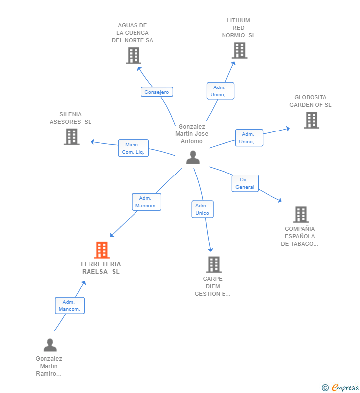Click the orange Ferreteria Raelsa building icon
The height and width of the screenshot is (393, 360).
[102, 250]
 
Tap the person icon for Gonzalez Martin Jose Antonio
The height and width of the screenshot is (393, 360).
[193, 157]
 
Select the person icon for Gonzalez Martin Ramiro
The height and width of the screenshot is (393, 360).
[50, 345]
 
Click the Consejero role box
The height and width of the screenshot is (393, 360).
[157, 92]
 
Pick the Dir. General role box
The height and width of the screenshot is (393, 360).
[245, 183]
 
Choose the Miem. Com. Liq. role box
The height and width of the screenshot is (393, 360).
[134, 148]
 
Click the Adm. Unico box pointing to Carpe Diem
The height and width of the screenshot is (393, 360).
[202, 209]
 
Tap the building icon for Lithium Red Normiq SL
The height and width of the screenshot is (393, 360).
[239, 50]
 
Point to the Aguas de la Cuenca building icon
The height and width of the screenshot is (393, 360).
[134, 56]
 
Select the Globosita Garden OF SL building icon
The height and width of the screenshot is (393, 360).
[312, 120]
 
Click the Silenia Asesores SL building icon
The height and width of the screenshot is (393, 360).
[72, 137]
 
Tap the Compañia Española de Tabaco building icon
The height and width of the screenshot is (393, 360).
[301, 215]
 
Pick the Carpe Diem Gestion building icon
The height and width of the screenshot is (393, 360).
[214, 264]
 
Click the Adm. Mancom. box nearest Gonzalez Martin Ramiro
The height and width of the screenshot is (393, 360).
[70, 306]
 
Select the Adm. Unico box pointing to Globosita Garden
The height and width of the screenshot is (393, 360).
[249, 138]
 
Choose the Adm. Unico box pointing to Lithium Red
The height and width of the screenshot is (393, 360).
[221, 91]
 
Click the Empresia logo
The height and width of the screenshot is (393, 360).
[340, 387]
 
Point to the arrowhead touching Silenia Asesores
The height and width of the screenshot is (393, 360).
[92, 142]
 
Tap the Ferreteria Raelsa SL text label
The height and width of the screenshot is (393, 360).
[101, 268]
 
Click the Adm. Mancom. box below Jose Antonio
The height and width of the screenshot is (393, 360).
[146, 202]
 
